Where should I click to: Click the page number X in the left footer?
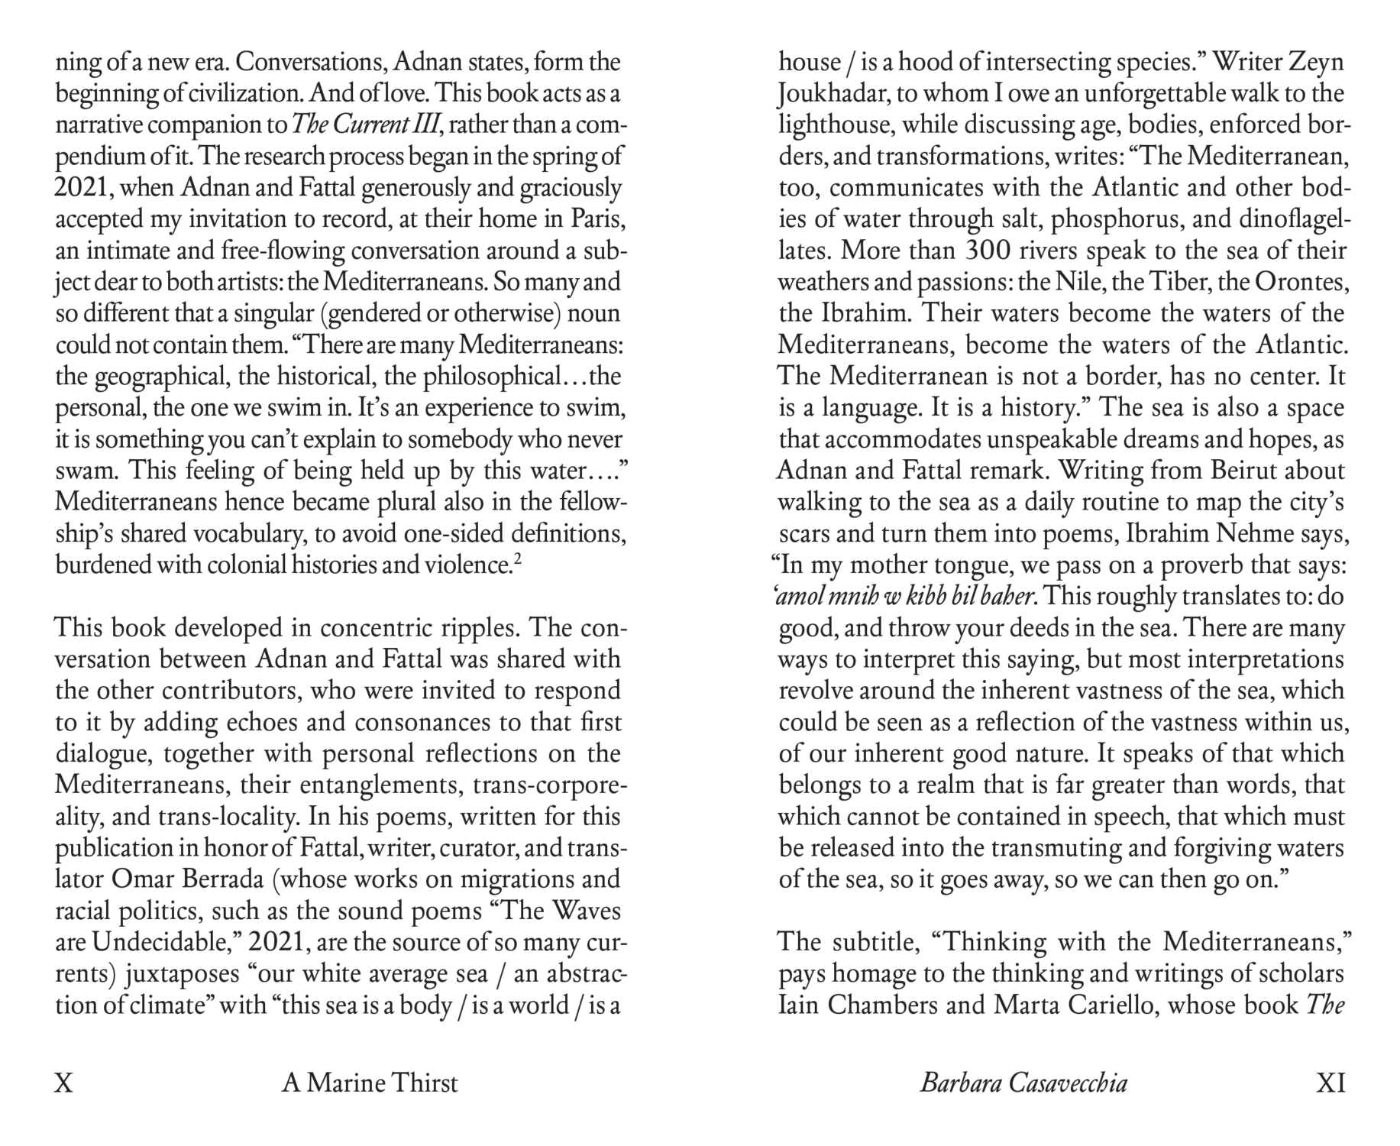[x=64, y=1083]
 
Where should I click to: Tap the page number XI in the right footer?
[x=1330, y=1083]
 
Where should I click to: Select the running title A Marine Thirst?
[x=370, y=1083]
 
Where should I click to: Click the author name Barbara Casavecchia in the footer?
[x=1023, y=1083]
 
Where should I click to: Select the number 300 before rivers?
[x=991, y=251]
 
